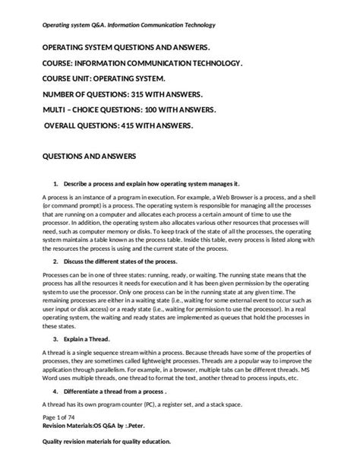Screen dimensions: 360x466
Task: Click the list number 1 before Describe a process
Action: click(55, 184)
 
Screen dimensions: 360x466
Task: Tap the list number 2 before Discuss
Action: click(55, 260)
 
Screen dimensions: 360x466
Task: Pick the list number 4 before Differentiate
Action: click(55, 394)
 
